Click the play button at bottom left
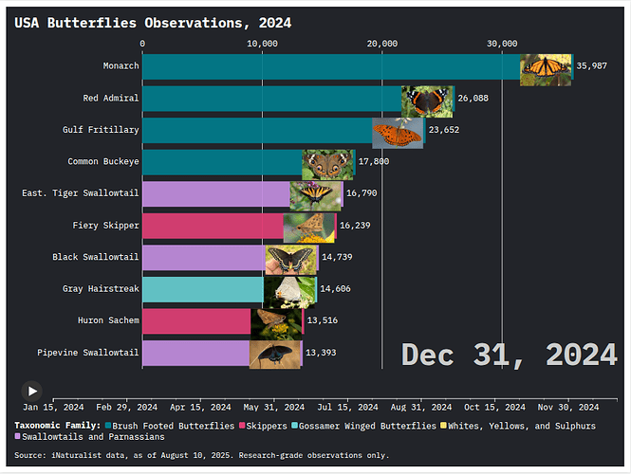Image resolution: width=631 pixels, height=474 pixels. coord(32,390)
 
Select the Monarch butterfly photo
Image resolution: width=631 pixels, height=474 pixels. coord(546,66)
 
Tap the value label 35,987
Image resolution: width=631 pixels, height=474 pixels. coord(592,66)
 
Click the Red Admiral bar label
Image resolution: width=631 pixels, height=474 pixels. coord(111,99)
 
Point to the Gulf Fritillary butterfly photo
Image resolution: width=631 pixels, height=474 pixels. coord(397,132)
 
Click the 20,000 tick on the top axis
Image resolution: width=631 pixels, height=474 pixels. coord(382,44)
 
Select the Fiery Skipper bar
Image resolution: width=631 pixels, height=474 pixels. coord(213,227)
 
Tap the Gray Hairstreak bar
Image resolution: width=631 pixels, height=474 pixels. coord(202,290)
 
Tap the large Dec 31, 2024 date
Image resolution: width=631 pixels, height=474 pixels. coord(509,355)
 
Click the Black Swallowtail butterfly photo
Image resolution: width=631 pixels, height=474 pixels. coord(290,259)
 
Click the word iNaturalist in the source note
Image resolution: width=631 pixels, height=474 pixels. coord(82,456)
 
